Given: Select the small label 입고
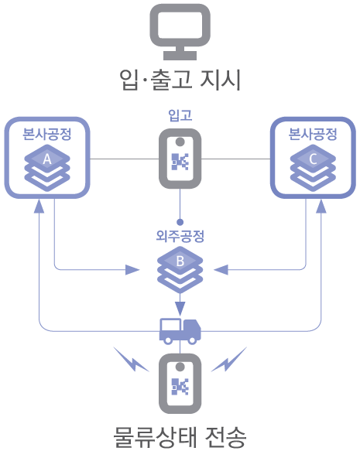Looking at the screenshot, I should pyautogui.click(x=180, y=115).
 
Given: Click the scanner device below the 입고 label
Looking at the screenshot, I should pyautogui.click(x=180, y=159).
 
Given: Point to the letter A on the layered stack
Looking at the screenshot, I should pyautogui.click(x=46, y=160).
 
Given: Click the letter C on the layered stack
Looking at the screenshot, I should pyautogui.click(x=314, y=160).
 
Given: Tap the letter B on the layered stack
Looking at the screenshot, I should pyautogui.click(x=180, y=261).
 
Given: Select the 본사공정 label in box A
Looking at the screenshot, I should pyautogui.click(x=47, y=134).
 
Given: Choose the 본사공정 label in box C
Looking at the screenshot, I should pyautogui.click(x=313, y=134).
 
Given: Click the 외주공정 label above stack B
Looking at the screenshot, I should pyautogui.click(x=180, y=235).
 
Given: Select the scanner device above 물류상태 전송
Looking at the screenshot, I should pyautogui.click(x=180, y=384).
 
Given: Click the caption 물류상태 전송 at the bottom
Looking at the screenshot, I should pyautogui.click(x=180, y=436).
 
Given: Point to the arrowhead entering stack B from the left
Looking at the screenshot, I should pyautogui.click(x=133, y=270).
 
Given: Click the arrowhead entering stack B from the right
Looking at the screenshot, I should pyautogui.click(x=221, y=270).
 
